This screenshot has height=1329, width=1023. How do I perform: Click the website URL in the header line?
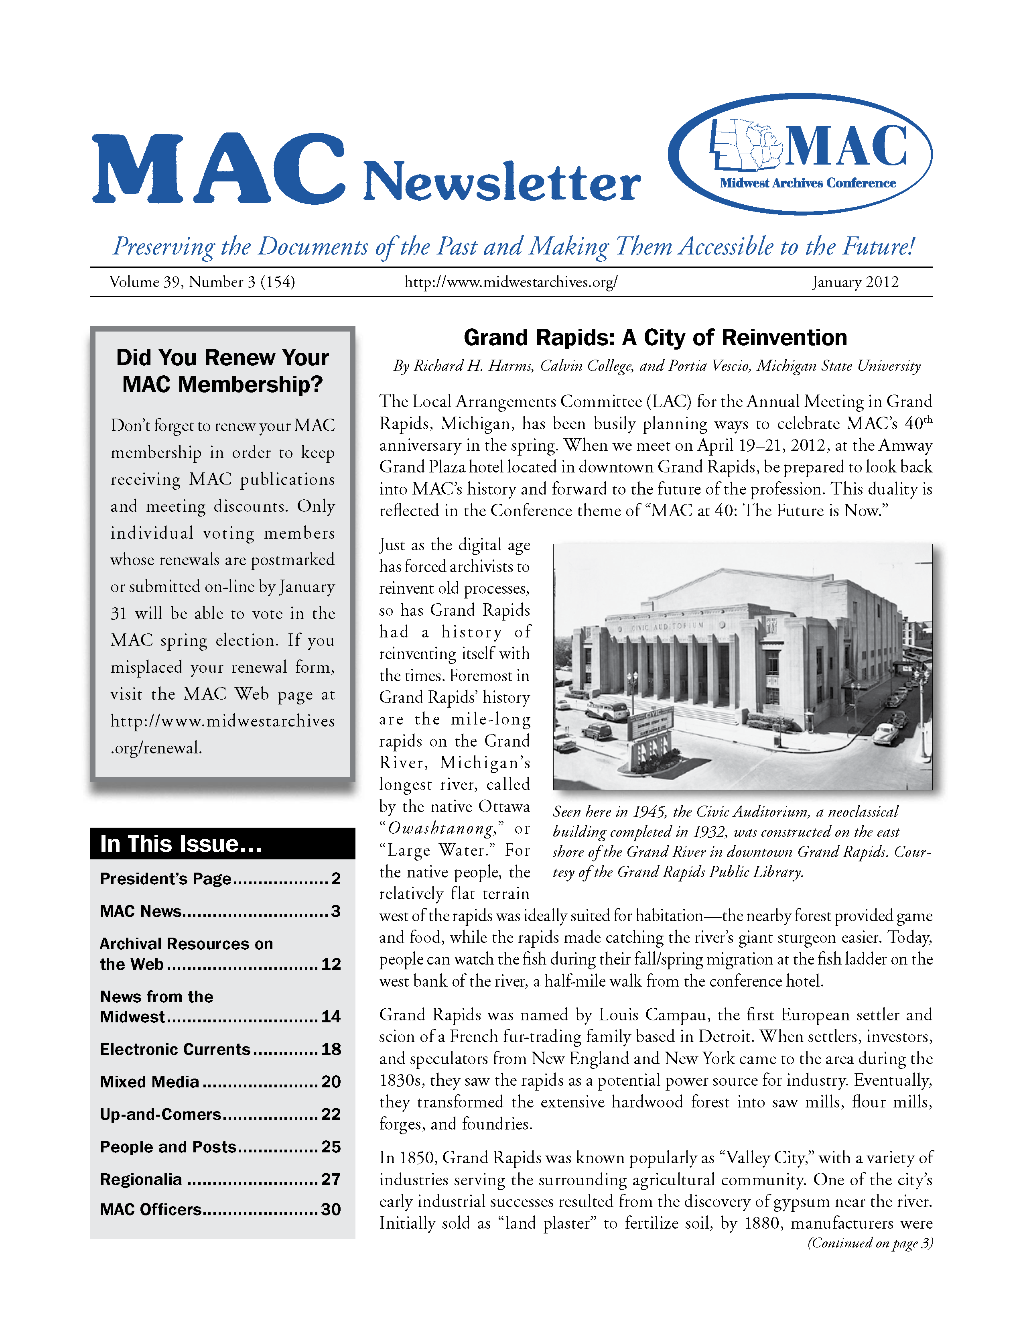point(511,282)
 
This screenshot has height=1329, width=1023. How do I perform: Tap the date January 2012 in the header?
point(855,282)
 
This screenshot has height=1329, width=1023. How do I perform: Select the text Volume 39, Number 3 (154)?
point(202,282)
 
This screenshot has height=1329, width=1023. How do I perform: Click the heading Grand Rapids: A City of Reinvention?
point(655,337)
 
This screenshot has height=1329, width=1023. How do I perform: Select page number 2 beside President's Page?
point(336,878)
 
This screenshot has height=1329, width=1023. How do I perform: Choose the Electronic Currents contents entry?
point(220,1049)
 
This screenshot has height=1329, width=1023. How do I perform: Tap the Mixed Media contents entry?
point(220,1081)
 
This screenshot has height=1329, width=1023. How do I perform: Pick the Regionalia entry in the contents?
point(220,1179)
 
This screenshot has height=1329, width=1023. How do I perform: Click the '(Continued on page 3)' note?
point(870,1243)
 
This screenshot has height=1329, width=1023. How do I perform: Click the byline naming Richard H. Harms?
point(656,366)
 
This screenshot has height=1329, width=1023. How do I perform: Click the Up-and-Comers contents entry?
point(220,1114)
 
